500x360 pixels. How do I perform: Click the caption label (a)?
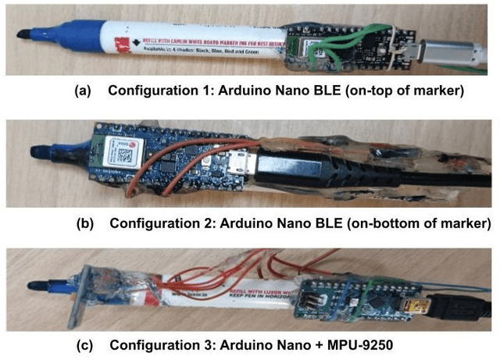coord(84,91)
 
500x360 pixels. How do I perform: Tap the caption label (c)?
coord(84,344)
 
